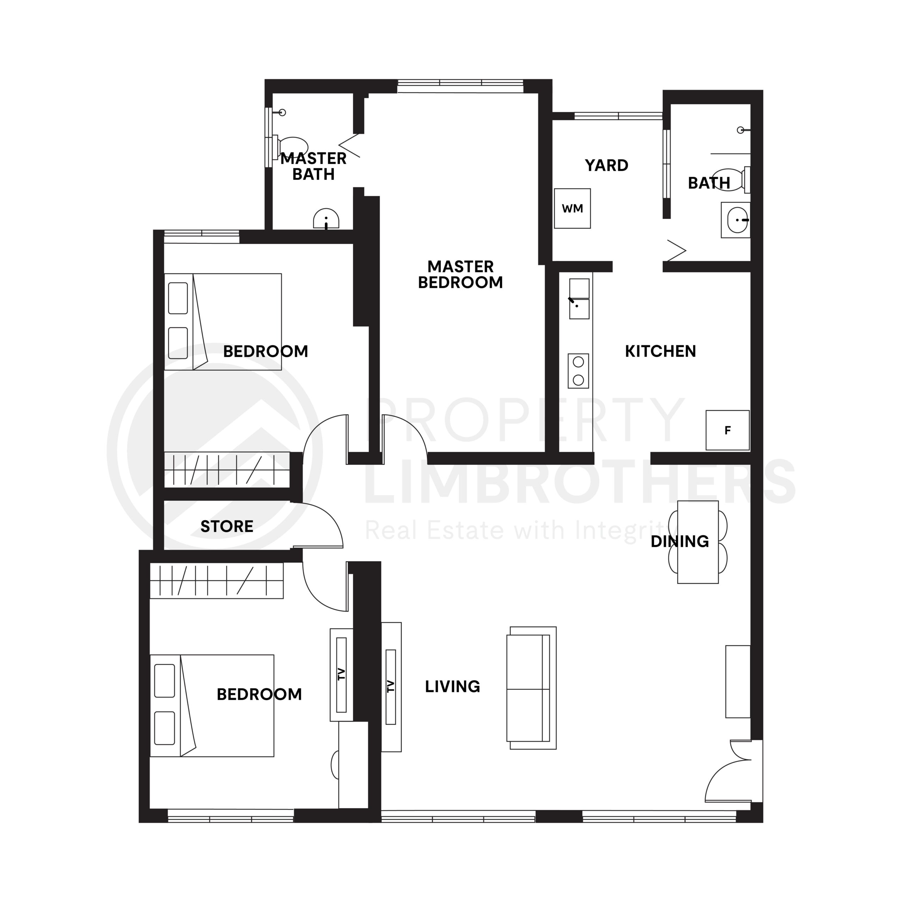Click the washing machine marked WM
coord(573,208)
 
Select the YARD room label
coord(606,165)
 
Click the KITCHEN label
coord(660,351)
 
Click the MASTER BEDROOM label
coord(461,274)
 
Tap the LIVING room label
coord(452,686)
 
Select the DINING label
coord(680,542)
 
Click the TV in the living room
coord(391,687)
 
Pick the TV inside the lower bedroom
coord(341,675)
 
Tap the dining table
coord(698,542)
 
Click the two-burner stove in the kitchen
coord(578,371)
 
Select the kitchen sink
coord(579,299)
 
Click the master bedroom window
coord(461,86)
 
